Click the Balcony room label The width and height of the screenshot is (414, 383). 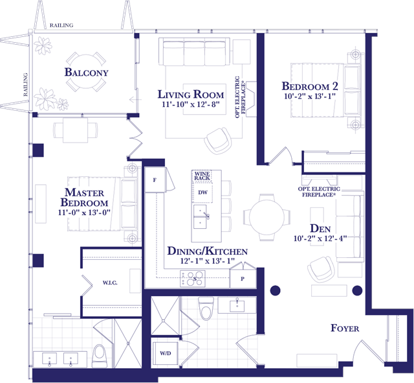tap(86, 72)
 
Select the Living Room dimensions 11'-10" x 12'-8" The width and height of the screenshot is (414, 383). tap(191, 104)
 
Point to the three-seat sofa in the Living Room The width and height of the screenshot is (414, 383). tap(194, 52)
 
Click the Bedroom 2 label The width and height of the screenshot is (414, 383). tap(310, 86)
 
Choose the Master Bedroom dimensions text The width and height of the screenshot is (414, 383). tap(84, 213)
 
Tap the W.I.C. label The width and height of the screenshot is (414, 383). tap(110, 283)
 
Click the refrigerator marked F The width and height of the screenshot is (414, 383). tap(155, 180)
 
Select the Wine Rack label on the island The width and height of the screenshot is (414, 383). tap(202, 176)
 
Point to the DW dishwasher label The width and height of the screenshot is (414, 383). tap(202, 192)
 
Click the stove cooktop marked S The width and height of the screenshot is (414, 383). tap(193, 279)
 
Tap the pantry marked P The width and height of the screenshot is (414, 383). tap(243, 278)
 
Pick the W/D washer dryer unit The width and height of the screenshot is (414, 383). tap(166, 353)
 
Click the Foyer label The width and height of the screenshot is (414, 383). tap(345, 329)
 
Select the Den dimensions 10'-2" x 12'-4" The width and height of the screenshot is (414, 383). tap(320, 238)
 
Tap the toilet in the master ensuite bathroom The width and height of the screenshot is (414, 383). tap(100, 356)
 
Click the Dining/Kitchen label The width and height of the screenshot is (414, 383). tap(208, 251)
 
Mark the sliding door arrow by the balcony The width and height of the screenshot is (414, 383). tap(135, 100)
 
